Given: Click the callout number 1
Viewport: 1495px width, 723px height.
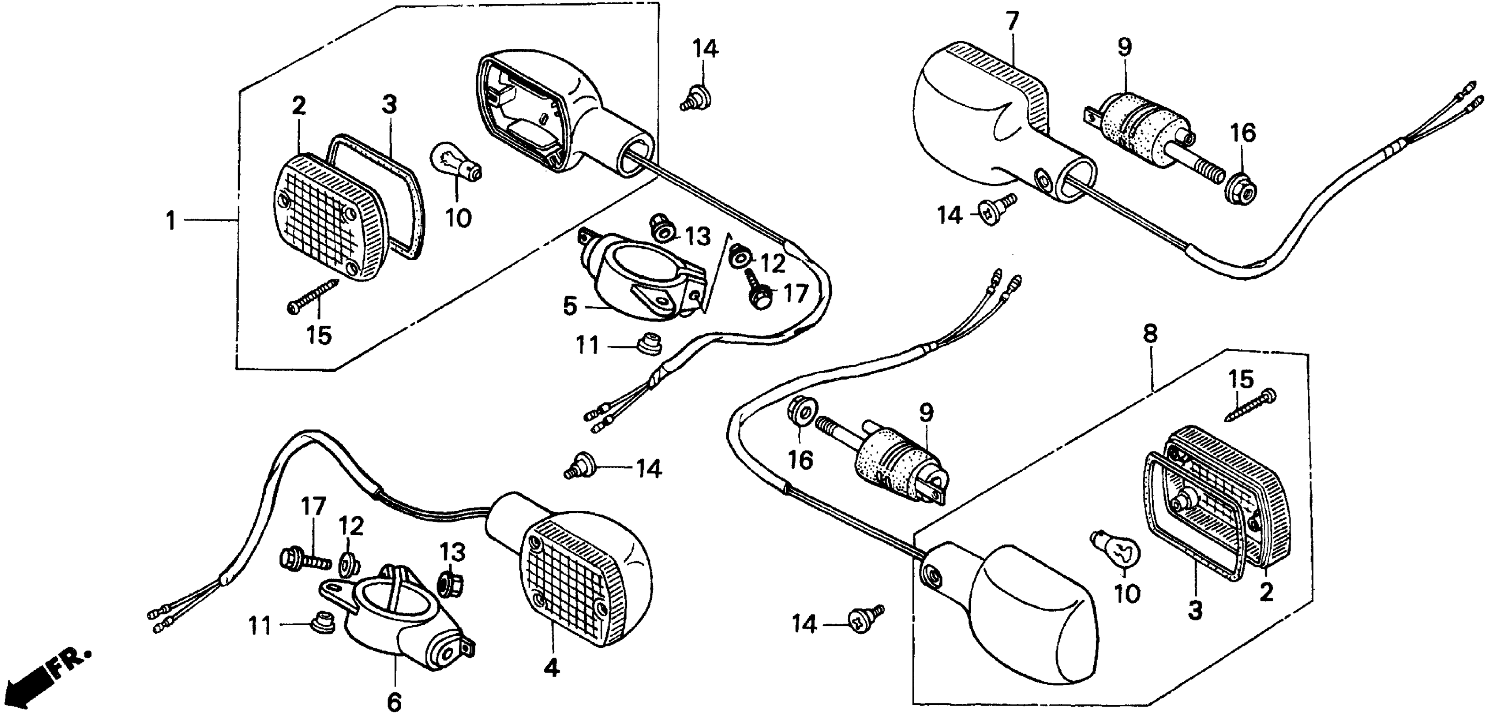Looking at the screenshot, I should click(x=170, y=221).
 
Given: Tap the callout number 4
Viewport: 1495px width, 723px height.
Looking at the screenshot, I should click(x=551, y=669).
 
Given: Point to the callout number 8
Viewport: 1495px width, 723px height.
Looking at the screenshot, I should click(x=1150, y=334).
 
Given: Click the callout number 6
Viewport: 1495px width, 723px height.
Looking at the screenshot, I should click(x=394, y=703).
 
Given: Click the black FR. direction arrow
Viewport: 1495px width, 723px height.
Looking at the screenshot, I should click(x=26, y=690).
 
